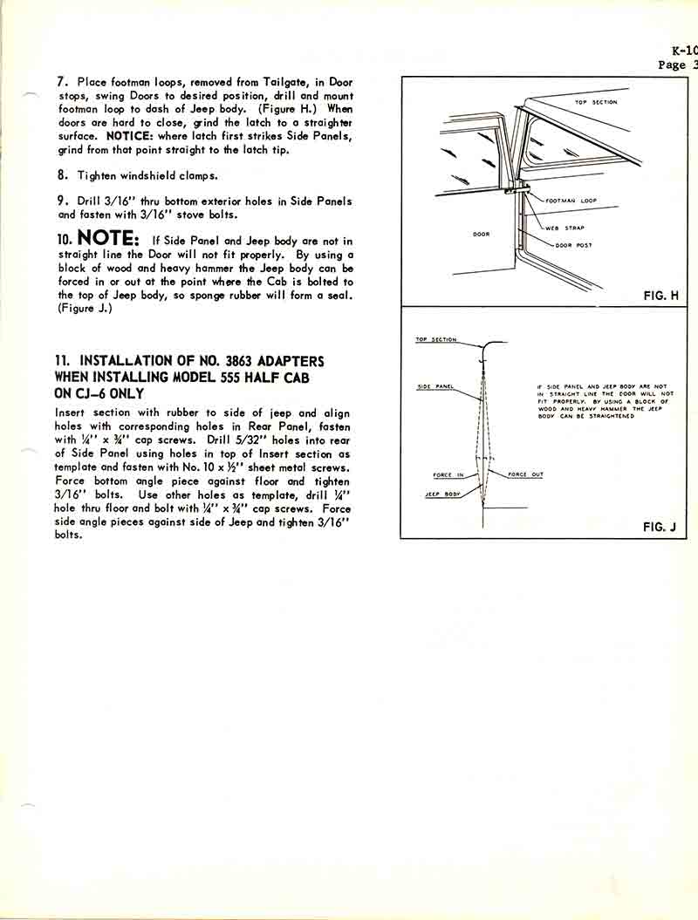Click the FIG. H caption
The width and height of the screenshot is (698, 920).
(661, 296)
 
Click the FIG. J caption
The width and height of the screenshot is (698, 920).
(660, 527)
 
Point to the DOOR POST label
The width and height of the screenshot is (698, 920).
(573, 245)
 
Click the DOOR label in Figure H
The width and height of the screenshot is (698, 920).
(482, 234)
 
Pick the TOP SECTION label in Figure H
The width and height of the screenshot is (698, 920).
(596, 102)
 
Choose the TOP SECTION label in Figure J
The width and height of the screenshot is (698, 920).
(435, 339)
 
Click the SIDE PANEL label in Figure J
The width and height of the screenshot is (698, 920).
(434, 386)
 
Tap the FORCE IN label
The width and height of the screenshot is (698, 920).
(448, 475)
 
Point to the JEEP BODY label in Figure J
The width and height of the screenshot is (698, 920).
(443, 494)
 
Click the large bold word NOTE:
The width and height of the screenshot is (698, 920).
(108, 238)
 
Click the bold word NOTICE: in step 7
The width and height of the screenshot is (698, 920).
(132, 137)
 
